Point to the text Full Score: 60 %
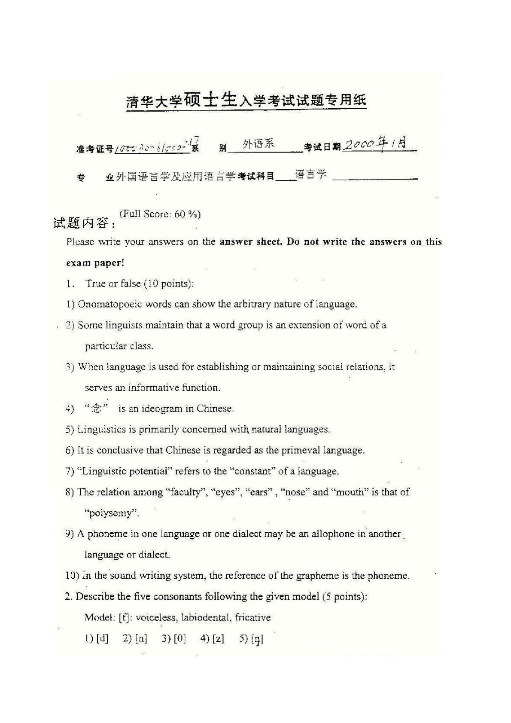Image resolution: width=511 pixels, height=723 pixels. click(160, 214)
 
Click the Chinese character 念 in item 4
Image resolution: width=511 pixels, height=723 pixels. click(96, 408)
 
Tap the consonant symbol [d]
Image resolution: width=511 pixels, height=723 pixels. click(102, 638)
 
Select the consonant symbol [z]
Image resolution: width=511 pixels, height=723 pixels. click(218, 638)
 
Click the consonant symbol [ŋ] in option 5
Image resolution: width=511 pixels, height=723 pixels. click(257, 639)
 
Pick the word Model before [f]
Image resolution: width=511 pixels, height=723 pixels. click(98, 617)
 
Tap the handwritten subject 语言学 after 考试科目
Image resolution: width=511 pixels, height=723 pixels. click(311, 174)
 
